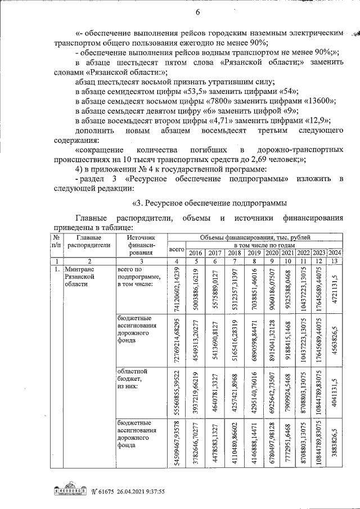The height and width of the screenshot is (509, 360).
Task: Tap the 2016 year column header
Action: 196,253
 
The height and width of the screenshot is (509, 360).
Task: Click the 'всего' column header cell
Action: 177,248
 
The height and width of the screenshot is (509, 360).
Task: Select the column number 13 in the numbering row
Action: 336,262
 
